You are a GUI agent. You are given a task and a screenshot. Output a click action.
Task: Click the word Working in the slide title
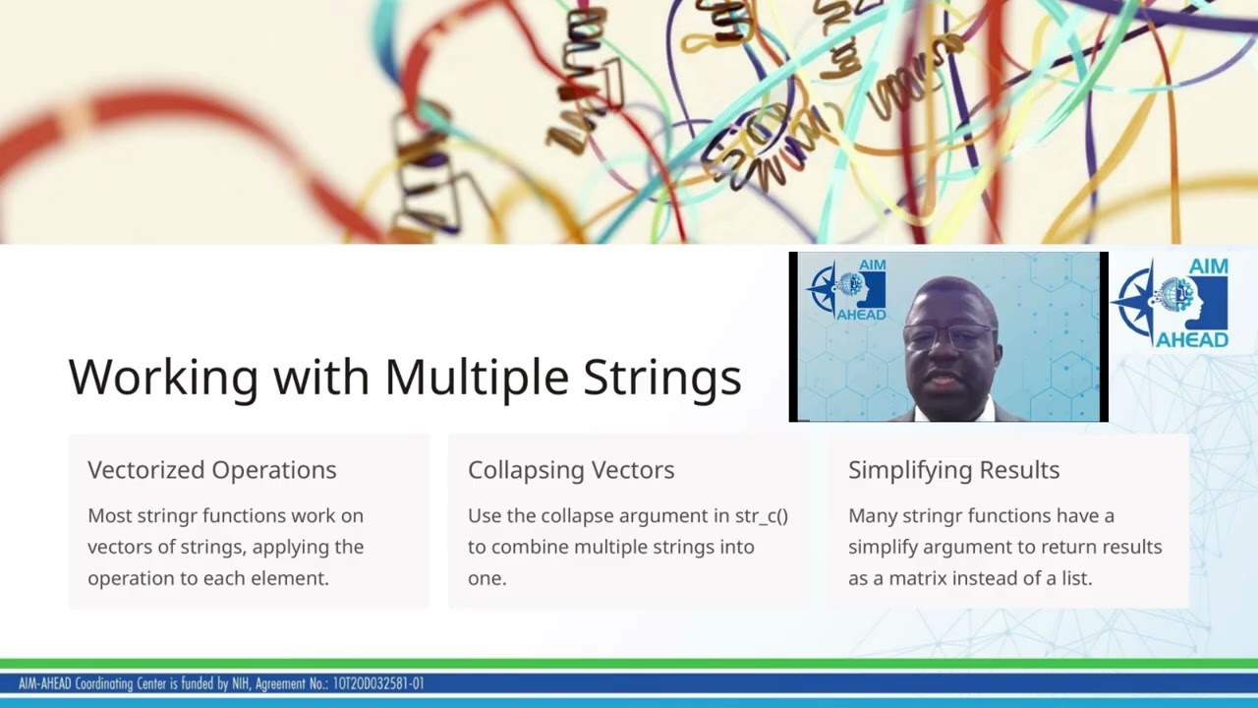point(163,378)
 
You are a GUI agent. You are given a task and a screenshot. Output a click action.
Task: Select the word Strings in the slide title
point(662,378)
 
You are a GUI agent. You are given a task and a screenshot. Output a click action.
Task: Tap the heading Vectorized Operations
point(211,470)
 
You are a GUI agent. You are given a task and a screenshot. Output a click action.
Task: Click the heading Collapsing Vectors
point(571,470)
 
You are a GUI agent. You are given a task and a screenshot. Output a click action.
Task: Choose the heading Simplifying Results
point(953,470)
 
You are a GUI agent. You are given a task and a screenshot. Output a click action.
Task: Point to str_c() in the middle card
point(762,515)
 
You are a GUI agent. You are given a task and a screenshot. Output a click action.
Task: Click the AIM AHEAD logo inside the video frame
point(846,289)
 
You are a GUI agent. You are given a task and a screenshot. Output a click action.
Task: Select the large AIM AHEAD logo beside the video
point(1170,302)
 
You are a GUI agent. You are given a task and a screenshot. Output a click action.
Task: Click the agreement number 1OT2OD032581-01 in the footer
point(378,683)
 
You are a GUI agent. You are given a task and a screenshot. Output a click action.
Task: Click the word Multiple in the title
point(476,378)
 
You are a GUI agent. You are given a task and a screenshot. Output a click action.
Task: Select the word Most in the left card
point(107,515)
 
